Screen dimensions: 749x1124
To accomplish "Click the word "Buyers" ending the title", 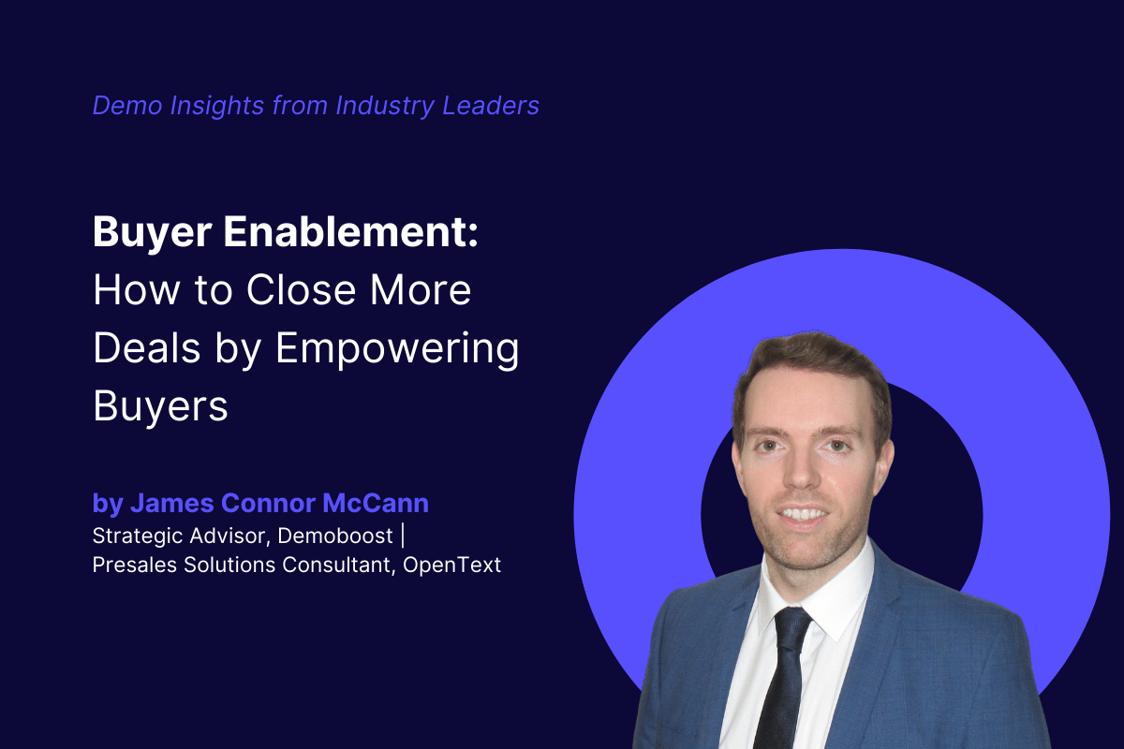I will [x=160, y=407].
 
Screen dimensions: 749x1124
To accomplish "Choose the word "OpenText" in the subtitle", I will [x=453, y=565].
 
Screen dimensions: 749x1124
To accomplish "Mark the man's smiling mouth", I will [x=803, y=513].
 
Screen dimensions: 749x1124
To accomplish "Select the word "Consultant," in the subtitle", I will [x=340, y=565].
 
